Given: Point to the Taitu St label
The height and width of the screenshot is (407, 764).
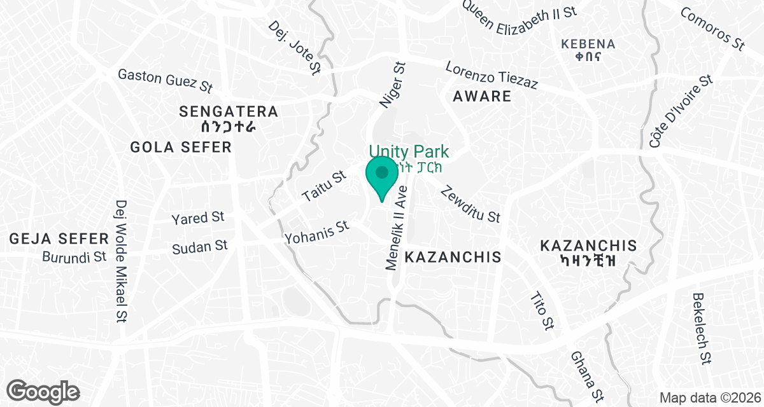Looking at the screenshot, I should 323,186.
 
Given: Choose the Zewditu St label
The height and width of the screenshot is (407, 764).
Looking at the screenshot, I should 470,203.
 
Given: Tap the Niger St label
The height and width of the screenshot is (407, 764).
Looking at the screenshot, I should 393,84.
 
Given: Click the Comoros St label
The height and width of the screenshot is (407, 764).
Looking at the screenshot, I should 712,29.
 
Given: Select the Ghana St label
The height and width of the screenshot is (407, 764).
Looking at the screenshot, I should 586,377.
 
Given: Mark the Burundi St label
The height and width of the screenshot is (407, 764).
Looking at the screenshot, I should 74,258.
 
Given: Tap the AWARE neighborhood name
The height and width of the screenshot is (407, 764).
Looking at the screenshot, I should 482,97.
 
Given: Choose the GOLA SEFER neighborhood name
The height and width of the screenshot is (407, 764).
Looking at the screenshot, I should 180,148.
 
